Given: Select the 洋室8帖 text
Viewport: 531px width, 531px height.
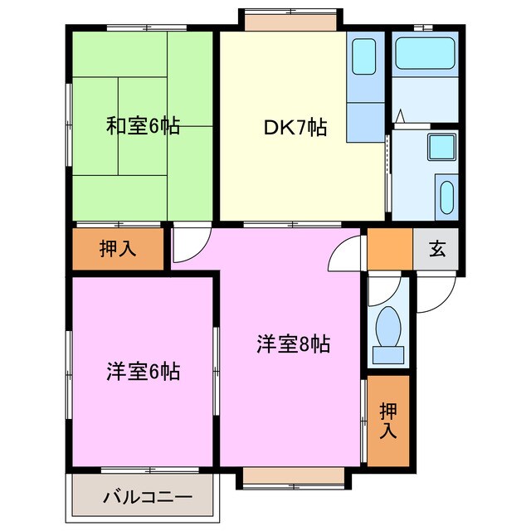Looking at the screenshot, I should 292,343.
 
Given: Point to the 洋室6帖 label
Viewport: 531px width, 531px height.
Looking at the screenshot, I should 143,371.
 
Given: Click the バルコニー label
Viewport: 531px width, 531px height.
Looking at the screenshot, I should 148,499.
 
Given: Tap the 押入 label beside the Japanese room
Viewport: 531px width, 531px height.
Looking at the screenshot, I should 118,248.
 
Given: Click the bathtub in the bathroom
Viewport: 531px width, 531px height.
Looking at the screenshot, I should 425,54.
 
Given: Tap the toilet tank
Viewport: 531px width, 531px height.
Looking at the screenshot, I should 387,356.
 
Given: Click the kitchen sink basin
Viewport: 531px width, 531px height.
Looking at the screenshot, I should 363,56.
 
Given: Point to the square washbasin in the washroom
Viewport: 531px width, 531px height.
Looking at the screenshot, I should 441,148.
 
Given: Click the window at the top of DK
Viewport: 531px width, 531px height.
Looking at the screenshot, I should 290,20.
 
